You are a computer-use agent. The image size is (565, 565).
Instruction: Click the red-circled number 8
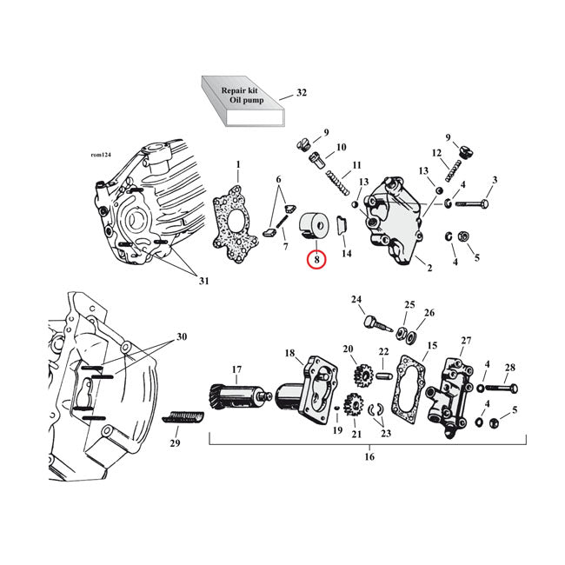point(316,259)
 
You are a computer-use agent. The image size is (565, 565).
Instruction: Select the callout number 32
point(302,92)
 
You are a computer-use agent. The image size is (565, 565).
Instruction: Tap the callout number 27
point(466,340)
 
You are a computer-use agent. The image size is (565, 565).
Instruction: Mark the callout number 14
point(346,254)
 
